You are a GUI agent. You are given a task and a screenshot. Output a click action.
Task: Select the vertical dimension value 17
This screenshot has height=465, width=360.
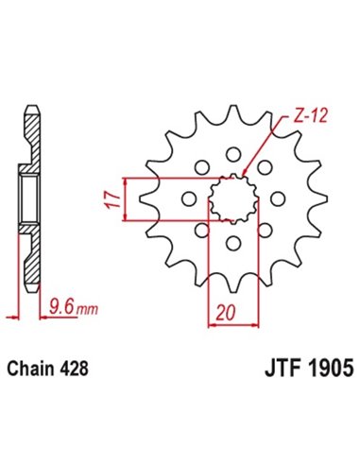(x=110, y=199)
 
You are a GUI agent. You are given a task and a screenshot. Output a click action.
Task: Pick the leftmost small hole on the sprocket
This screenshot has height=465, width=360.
(x=187, y=199)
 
